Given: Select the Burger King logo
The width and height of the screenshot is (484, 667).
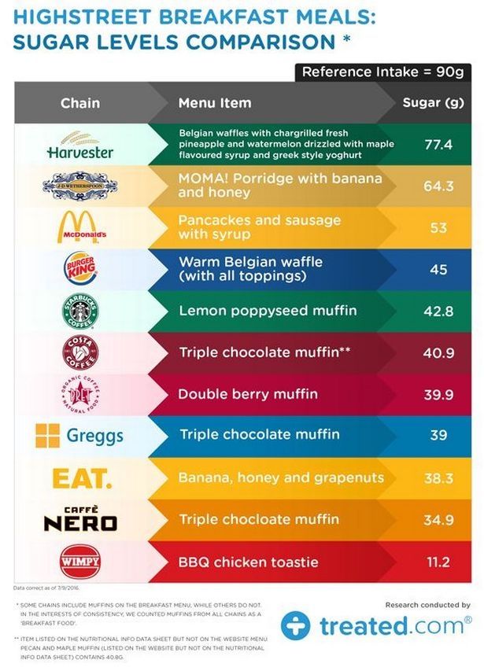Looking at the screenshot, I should (x=80, y=269).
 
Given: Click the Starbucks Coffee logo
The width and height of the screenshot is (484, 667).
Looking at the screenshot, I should (x=80, y=311).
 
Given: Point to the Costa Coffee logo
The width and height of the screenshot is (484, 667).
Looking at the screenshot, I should (x=80, y=352).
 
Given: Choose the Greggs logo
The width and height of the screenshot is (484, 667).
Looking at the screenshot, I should (x=79, y=435).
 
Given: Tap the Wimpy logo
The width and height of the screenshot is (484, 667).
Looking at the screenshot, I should (x=80, y=562).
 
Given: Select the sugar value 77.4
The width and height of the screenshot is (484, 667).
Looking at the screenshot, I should (x=438, y=145).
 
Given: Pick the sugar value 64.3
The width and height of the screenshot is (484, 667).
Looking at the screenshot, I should (x=438, y=186).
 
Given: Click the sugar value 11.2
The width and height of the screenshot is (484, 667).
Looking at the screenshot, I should (x=438, y=562).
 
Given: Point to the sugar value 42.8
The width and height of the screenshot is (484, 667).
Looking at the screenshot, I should (x=438, y=311).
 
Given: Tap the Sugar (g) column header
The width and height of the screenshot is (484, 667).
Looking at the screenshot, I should (x=432, y=103).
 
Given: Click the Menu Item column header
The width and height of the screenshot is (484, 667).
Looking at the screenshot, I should (x=215, y=103).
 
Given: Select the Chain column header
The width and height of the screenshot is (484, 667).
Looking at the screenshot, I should (x=80, y=103).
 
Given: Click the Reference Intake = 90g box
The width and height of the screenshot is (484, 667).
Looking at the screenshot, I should (x=382, y=72).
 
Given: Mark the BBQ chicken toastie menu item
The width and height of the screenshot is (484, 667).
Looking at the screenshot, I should (x=249, y=562).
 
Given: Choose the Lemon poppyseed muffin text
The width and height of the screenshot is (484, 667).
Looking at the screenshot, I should (x=268, y=311).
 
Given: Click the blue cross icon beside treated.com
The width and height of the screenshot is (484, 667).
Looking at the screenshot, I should (x=296, y=625).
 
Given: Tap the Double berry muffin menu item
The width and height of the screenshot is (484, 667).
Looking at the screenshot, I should (x=247, y=393).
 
